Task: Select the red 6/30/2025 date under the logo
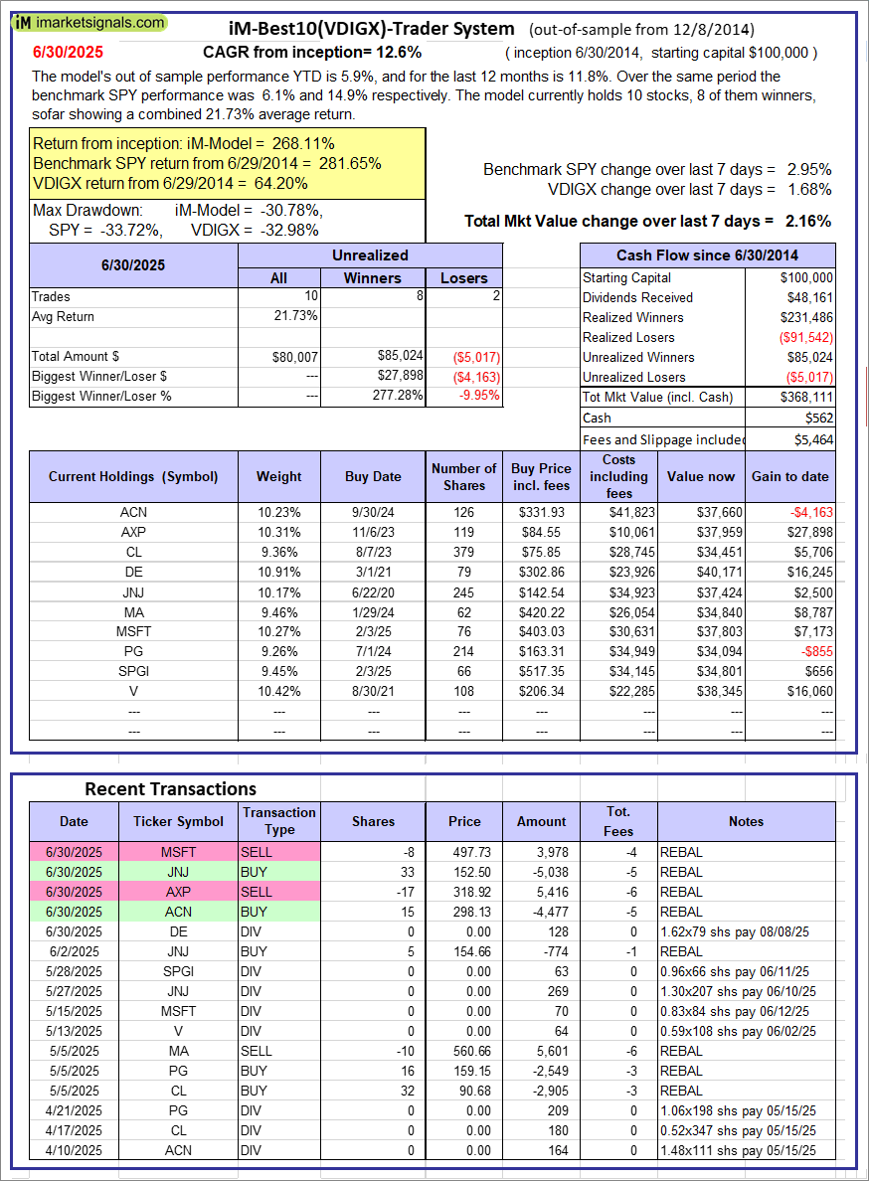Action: coord(67,51)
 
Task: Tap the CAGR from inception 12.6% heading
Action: coord(312,52)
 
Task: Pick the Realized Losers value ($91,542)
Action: coord(804,337)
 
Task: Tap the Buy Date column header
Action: coord(373,476)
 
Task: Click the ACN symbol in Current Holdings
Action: coord(133,512)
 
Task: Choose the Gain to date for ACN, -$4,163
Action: coord(808,512)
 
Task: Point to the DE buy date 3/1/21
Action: coord(373,572)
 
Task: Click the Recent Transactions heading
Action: coord(170,788)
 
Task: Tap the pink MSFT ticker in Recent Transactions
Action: coord(178,852)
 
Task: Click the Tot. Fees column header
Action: coord(617,821)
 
